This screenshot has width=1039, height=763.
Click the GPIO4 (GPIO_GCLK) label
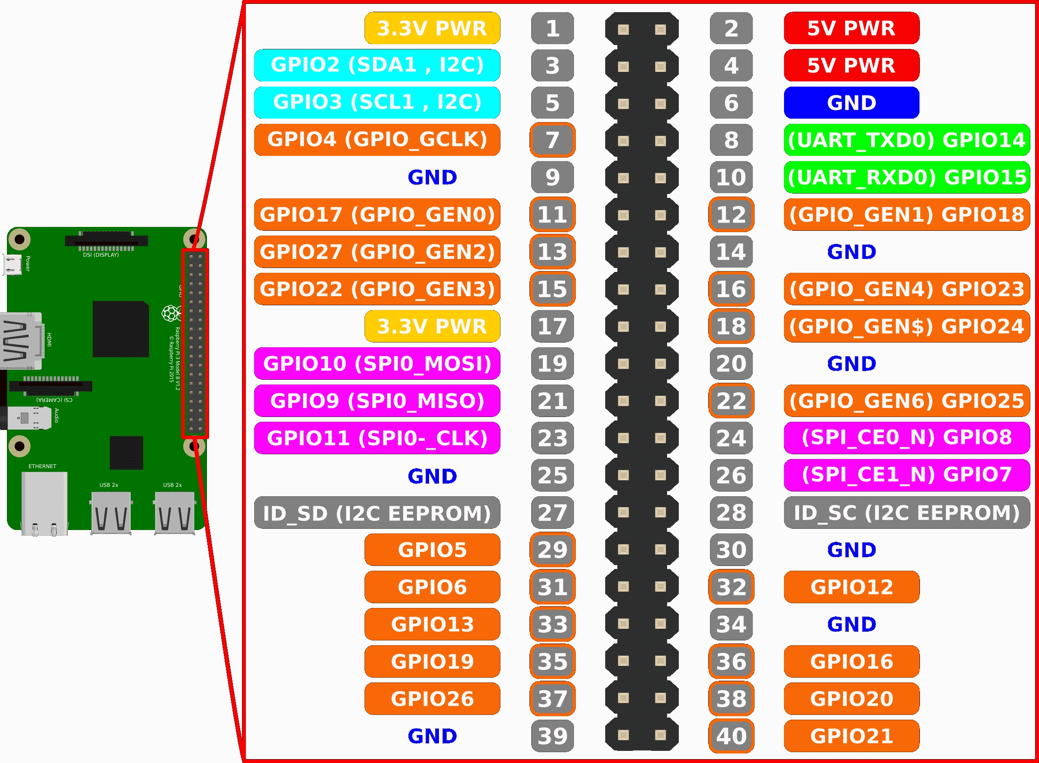click(x=377, y=139)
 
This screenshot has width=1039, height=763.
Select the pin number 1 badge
click(x=552, y=28)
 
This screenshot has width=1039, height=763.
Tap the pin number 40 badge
click(x=731, y=736)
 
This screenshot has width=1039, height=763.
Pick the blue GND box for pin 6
click(x=851, y=103)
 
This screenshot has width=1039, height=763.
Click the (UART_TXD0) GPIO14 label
click(x=907, y=139)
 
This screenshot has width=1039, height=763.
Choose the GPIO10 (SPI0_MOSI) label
click(x=377, y=363)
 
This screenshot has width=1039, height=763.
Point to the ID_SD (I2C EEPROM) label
click(x=377, y=513)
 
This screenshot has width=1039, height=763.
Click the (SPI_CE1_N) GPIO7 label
click(x=907, y=475)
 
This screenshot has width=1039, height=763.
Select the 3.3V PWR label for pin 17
click(x=432, y=326)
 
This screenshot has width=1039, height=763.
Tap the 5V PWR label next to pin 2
click(x=851, y=28)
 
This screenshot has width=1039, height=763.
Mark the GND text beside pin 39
click(x=432, y=736)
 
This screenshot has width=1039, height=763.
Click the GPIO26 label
click(x=432, y=698)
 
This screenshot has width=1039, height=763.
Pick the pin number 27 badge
click(x=552, y=513)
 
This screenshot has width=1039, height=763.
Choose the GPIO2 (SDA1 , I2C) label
click(x=377, y=65)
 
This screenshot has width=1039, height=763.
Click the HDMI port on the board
click(x=21, y=341)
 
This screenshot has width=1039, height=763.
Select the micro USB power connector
click(x=13, y=265)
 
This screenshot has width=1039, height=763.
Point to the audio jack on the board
click(x=28, y=418)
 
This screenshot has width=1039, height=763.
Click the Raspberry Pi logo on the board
click(x=171, y=313)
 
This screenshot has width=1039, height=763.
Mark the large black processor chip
click(x=120, y=329)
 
